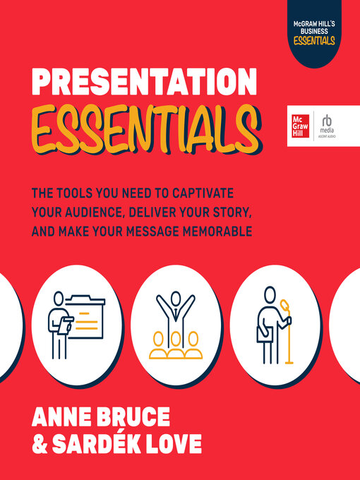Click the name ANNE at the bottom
point(66,415)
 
